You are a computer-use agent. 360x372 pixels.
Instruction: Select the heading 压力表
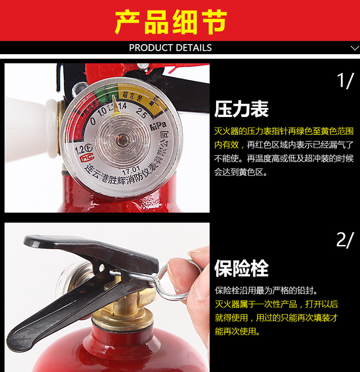point(241,109)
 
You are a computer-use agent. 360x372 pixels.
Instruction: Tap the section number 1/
point(345,81)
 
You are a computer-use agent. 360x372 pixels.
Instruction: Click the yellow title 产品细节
point(171,22)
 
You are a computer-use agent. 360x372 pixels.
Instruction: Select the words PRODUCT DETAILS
point(170,48)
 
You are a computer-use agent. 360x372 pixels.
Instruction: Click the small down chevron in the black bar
point(355,48)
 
